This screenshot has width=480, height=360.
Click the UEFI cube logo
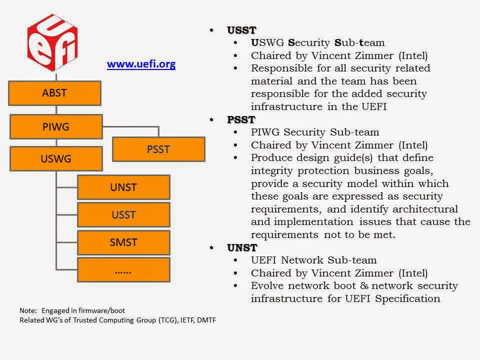[52, 42]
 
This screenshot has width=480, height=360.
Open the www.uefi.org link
[141, 64]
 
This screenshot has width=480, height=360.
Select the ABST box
[55, 93]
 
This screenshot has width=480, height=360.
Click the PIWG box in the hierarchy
[56, 126]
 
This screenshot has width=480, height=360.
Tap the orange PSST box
[158, 149]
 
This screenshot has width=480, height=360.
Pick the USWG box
[56, 158]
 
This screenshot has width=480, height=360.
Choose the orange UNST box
[123, 187]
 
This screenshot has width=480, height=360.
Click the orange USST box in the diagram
[123, 215]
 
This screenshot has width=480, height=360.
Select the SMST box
[123, 242]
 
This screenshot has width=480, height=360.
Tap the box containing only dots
[123, 269]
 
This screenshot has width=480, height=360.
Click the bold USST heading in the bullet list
[241, 30]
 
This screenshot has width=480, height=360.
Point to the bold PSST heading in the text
[241, 119]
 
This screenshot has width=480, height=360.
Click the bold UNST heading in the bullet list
[242, 247]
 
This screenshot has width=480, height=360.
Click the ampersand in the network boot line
[364, 285]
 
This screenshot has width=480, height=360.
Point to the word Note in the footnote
[28, 310]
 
